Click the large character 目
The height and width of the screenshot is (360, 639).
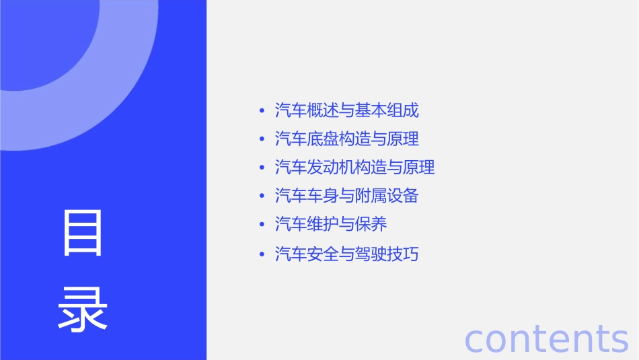point(83,233)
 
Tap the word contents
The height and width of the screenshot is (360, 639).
point(546,338)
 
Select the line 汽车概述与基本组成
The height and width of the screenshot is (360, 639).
point(347,110)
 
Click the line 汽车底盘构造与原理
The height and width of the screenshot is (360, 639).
point(347,139)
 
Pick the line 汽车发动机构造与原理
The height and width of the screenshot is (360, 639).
point(355,167)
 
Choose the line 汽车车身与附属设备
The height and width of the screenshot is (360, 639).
point(347,196)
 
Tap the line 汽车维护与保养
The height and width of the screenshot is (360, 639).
point(331,224)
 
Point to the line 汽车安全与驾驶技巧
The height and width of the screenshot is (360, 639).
point(347,254)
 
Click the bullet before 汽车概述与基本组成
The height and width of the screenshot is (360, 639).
point(261,110)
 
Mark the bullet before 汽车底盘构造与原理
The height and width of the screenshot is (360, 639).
point(261,139)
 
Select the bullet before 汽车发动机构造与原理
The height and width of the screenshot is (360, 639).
point(261,167)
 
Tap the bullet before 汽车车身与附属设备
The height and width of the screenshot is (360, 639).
point(261,196)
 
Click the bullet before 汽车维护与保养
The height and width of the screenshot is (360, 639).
point(261,224)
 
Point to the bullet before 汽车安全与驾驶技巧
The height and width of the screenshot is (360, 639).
point(261,254)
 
